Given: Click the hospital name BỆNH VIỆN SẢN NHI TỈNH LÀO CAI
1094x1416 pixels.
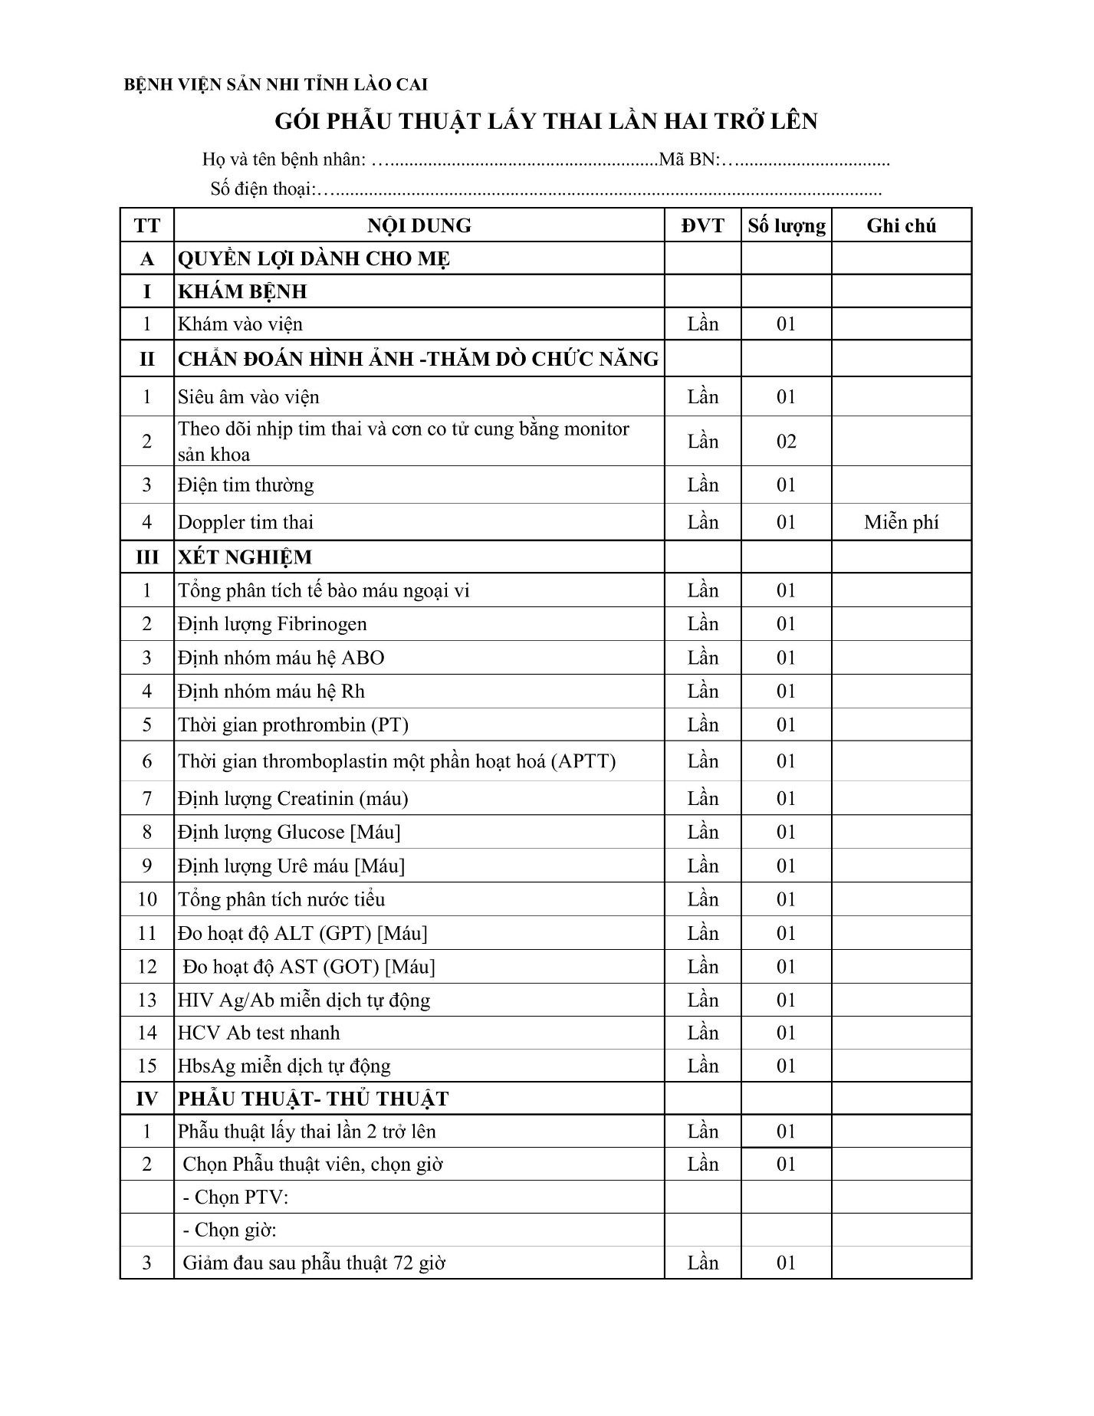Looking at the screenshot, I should pos(276,84).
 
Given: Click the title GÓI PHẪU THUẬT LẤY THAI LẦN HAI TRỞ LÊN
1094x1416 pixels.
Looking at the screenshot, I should pos(546,121).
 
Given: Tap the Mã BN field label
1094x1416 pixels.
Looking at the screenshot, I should pos(689,160).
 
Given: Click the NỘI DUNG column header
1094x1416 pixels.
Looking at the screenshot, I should pos(419,225).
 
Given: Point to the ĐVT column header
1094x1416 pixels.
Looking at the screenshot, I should pos(702,225).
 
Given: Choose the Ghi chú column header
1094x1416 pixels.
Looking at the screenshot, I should pos(901,225).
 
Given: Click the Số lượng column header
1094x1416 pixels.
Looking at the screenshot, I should pos(787,225).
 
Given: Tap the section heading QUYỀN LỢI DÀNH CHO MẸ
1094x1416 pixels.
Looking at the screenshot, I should pos(314,258).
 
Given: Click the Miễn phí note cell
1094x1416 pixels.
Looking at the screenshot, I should pos(901,522).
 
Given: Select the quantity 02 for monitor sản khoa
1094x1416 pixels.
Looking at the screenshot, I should pos(787,441).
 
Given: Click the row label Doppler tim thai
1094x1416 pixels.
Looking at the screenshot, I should pos(246,522).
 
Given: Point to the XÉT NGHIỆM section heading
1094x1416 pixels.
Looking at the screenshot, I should pos(245,557).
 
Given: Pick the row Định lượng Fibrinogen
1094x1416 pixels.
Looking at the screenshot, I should pos(272,624).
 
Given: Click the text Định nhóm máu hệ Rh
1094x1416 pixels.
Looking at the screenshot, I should pos(271,692).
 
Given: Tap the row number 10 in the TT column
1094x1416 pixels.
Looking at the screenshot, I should pos(147,899).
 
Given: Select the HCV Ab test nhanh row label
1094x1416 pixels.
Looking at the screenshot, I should pos(258,1033).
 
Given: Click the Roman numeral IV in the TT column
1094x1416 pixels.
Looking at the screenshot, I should pos(146,1099).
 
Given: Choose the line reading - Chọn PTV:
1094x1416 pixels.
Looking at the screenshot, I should pos(235,1197).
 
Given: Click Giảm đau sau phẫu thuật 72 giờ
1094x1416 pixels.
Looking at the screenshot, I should pos(314,1263).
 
